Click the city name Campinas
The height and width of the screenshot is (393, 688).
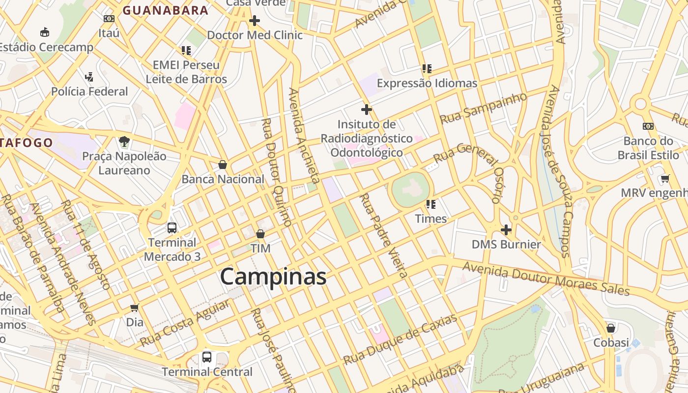273,277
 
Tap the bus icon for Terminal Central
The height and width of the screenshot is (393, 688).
207,357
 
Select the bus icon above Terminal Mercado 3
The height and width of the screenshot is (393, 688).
172,228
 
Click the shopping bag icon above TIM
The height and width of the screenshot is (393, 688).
260,234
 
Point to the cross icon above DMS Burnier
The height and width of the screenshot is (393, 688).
506,229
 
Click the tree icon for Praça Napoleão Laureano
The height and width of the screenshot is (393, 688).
124,142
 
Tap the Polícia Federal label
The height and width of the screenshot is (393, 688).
89,91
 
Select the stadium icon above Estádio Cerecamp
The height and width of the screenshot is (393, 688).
45,32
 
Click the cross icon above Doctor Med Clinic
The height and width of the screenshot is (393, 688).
254,21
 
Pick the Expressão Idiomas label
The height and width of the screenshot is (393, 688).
427,83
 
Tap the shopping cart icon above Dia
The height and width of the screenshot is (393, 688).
134,308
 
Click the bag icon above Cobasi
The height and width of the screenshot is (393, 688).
611,328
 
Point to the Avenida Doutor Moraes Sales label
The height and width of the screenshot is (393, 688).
545,279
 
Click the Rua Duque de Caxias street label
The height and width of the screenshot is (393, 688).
401,339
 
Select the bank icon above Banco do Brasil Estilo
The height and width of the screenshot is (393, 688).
648,126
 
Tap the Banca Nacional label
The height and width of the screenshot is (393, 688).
223,179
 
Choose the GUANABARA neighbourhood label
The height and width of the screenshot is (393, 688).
166,10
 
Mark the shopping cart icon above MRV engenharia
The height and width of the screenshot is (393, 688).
665,178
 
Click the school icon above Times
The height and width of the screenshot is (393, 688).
431,204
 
